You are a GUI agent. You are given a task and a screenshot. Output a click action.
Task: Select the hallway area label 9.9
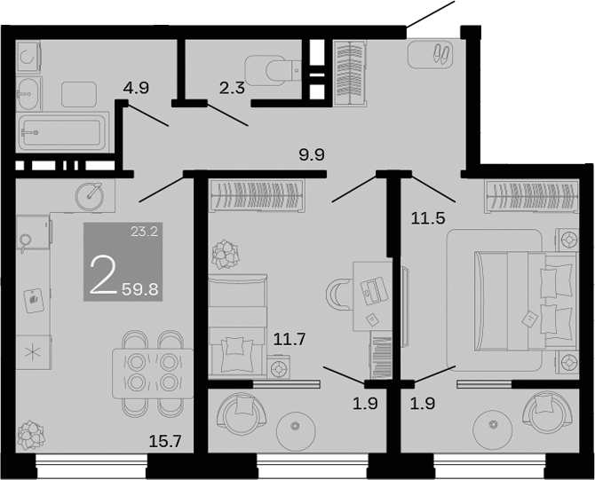[312, 155]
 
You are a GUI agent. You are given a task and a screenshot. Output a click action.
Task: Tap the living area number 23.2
[144, 234]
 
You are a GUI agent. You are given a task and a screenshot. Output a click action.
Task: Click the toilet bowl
[270, 67]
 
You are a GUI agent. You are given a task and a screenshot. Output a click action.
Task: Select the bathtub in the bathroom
[63, 131]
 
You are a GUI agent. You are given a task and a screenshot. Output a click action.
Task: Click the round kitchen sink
[90, 193]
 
